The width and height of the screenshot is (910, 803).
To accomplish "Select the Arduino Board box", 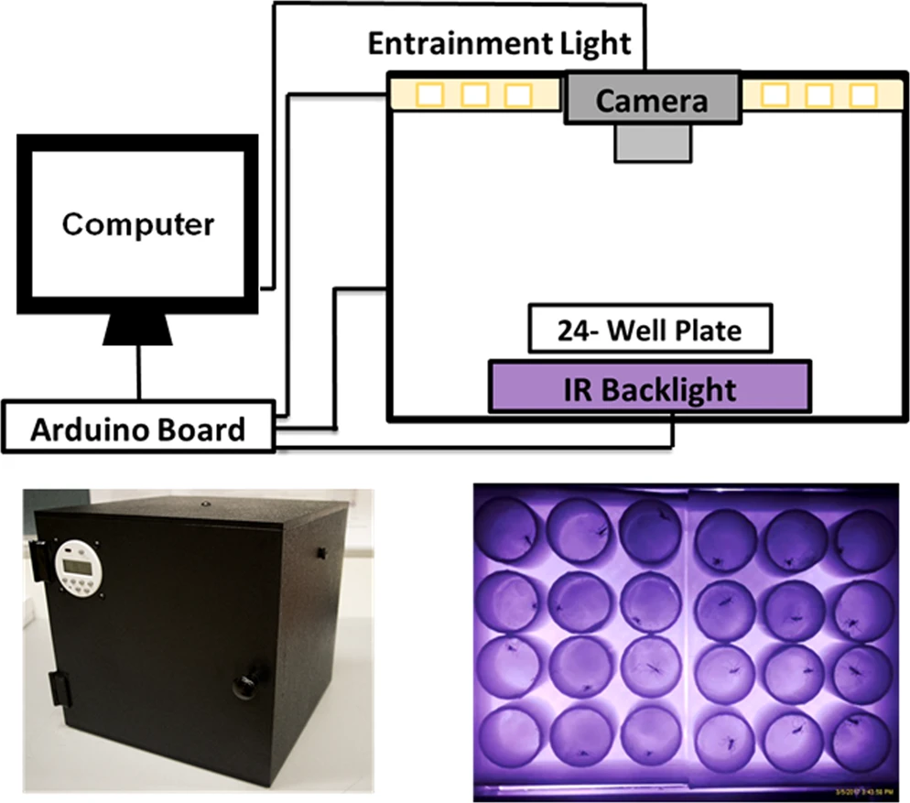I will (x=138, y=428).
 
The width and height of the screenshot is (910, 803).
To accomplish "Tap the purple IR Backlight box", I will (x=649, y=389).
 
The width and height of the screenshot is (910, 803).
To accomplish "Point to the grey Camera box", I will (x=651, y=99).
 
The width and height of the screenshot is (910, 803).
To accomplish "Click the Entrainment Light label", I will (x=499, y=43).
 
